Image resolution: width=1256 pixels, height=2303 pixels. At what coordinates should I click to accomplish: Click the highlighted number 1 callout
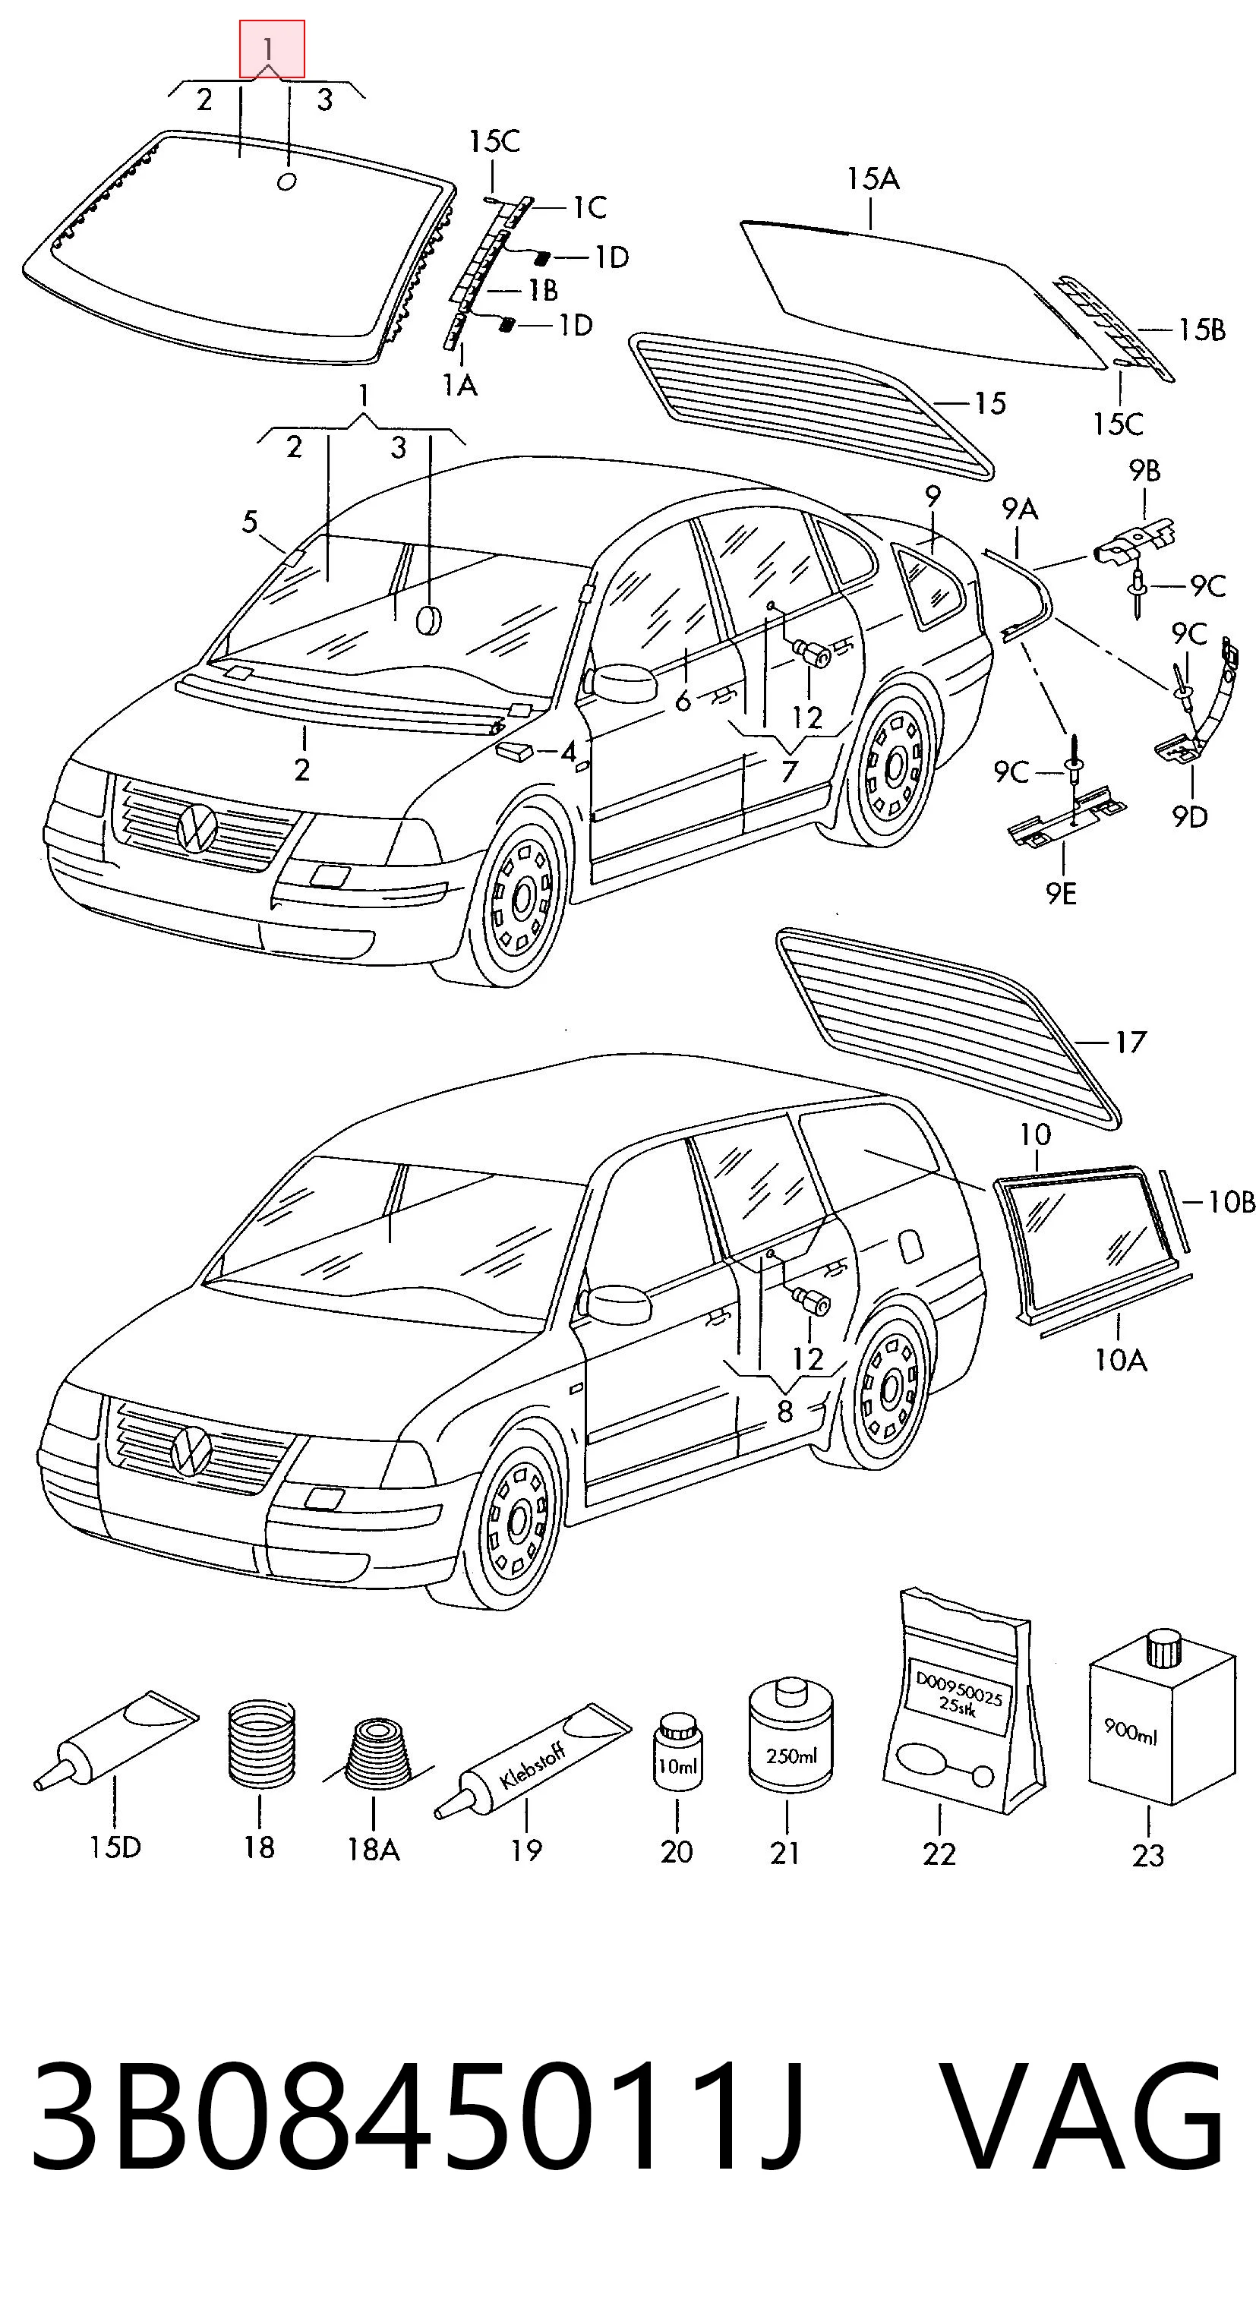click(x=272, y=49)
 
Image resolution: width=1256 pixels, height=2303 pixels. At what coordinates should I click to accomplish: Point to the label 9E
click(x=1062, y=892)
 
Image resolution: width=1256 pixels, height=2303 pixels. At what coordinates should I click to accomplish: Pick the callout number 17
click(x=1130, y=1042)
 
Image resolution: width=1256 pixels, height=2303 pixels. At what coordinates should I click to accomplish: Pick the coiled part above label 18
click(x=260, y=1743)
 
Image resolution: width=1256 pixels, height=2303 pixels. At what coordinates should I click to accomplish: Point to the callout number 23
click(x=1148, y=1855)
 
